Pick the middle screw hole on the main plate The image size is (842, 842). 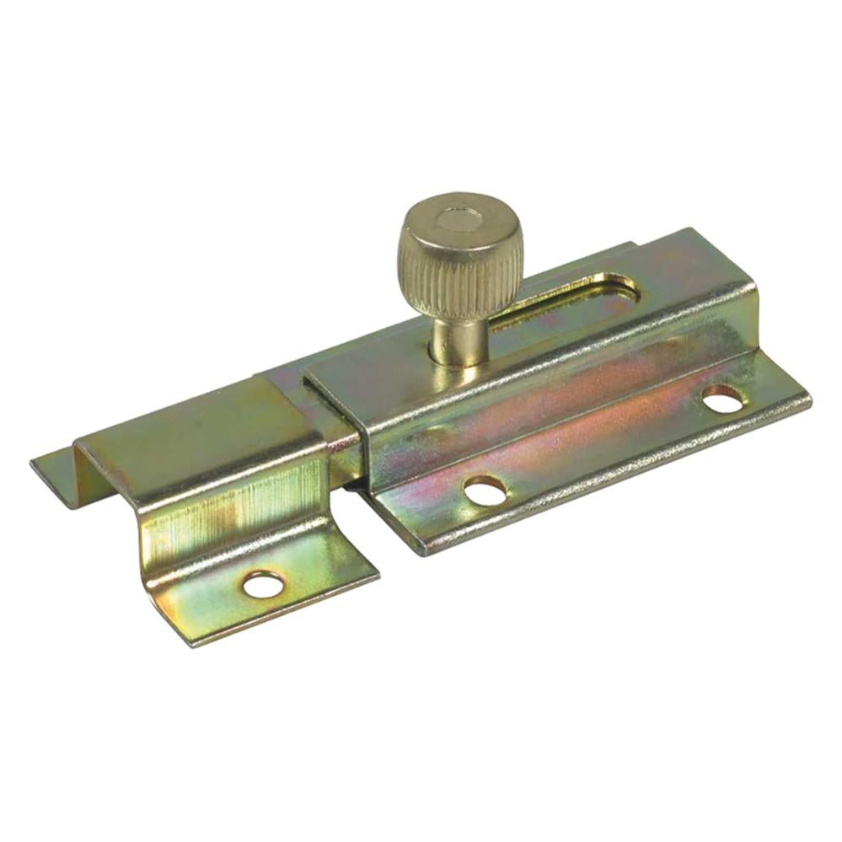click(x=485, y=490)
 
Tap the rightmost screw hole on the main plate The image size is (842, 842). click(x=722, y=398)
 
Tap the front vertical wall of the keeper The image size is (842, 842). click(x=228, y=506)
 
